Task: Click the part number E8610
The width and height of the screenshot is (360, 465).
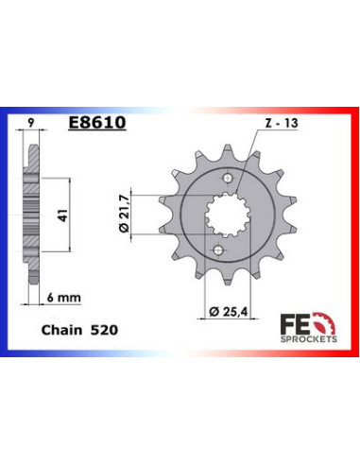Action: point(97,122)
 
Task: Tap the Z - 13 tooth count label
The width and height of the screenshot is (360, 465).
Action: point(282,123)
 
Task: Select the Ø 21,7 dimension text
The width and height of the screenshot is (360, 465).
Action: point(124,214)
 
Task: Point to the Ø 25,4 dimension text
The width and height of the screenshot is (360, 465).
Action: point(229,312)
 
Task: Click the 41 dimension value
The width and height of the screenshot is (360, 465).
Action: point(64,215)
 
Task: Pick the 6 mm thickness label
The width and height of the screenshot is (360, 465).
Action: point(64,297)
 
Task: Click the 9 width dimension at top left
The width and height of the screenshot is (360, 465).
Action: point(30,123)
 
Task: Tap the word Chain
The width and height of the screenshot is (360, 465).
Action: point(61,330)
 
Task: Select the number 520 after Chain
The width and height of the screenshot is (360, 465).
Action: point(104,330)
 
